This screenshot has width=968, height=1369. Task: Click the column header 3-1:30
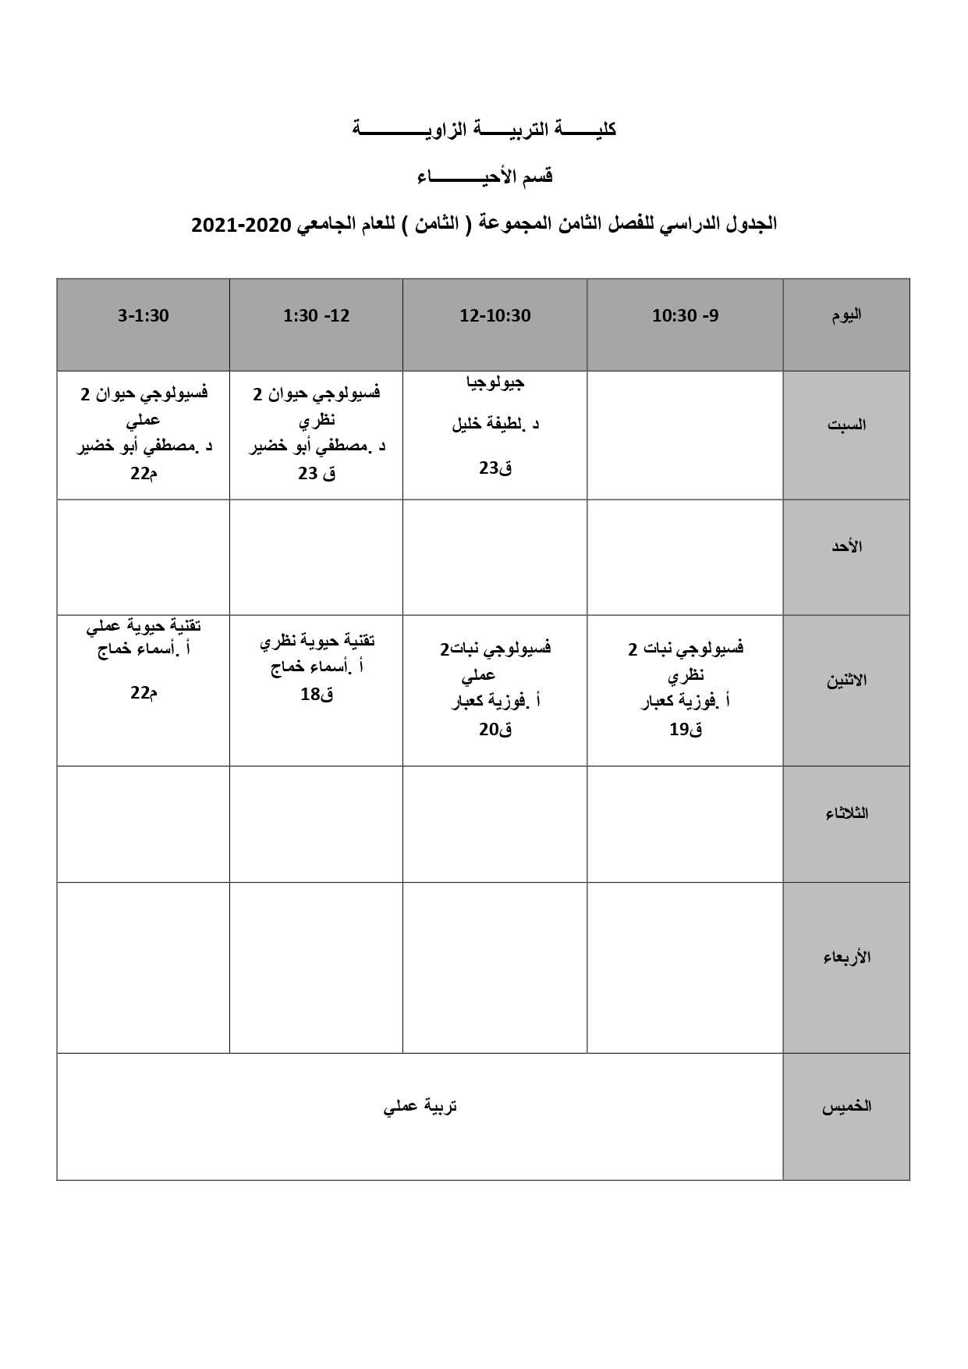(x=143, y=316)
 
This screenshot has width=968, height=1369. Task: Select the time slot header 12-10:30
(x=495, y=316)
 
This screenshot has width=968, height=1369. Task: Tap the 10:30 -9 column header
(x=685, y=316)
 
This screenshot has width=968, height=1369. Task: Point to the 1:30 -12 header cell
(x=316, y=316)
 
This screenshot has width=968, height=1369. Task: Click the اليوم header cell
(x=846, y=315)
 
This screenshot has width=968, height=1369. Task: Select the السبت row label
(x=846, y=425)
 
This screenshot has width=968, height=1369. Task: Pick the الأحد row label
(x=846, y=546)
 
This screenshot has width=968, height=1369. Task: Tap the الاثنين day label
(x=846, y=681)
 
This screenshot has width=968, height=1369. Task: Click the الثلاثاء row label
(x=846, y=814)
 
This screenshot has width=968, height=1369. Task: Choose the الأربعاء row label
(x=846, y=958)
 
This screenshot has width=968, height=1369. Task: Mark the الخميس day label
(x=846, y=1107)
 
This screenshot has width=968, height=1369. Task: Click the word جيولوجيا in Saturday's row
(x=495, y=382)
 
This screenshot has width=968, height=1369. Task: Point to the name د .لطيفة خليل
(x=495, y=425)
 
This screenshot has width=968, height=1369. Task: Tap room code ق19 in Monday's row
(x=685, y=730)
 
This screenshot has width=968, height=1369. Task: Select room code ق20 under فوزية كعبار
(x=495, y=730)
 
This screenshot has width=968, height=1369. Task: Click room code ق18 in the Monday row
(x=317, y=695)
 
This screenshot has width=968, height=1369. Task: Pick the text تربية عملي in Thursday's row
(x=420, y=1107)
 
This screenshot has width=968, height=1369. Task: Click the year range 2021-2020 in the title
(x=240, y=225)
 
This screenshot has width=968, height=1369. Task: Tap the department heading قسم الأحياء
(x=484, y=176)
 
